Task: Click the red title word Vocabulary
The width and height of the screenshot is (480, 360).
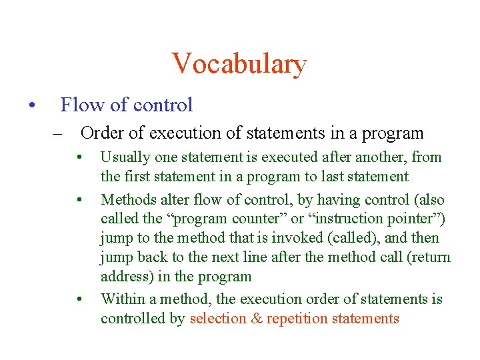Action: point(239,64)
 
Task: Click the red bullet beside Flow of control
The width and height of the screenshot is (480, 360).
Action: point(31,105)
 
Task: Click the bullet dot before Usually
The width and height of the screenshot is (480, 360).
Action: point(79,158)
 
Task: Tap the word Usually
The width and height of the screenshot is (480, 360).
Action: point(125,157)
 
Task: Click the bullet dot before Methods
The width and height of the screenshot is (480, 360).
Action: point(79,200)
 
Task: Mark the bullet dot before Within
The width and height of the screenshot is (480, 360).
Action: point(79,300)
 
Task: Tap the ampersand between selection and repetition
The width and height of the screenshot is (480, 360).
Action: point(257,319)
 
